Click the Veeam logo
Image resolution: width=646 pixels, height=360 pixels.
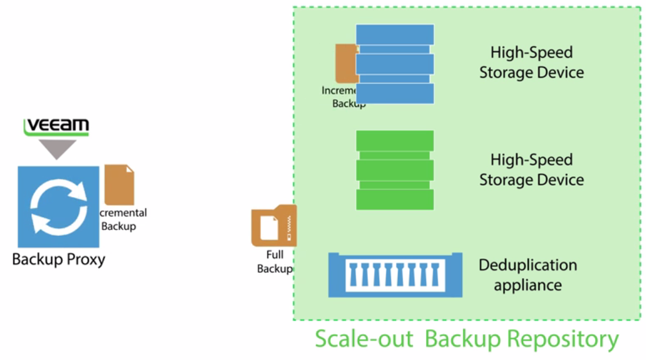pos(56,126)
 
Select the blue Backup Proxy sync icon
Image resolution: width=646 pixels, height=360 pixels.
pos(58,206)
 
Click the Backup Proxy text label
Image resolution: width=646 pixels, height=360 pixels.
pos(59,259)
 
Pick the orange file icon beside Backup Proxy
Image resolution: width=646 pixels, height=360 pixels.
pos(119,185)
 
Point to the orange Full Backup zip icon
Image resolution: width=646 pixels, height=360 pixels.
pos(274,226)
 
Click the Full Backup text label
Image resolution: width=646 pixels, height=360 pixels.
pos(275,262)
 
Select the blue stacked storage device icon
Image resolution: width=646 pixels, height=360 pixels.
pos(394,64)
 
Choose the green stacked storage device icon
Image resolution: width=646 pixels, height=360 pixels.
pos(394,170)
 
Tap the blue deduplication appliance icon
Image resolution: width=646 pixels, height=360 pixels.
pos(395,275)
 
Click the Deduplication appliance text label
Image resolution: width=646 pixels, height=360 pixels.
pos(527,275)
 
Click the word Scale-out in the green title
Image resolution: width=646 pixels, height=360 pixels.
pos(366,339)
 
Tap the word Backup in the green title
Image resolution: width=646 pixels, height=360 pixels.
pos(462,339)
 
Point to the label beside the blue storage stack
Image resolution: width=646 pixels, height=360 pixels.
pos(531,62)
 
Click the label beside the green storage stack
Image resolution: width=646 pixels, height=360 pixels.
pos(531,169)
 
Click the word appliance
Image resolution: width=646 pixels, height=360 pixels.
pos(527,286)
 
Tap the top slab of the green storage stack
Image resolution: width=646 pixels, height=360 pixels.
pos(394,140)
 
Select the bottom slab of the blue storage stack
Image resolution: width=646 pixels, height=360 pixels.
pos(394,94)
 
